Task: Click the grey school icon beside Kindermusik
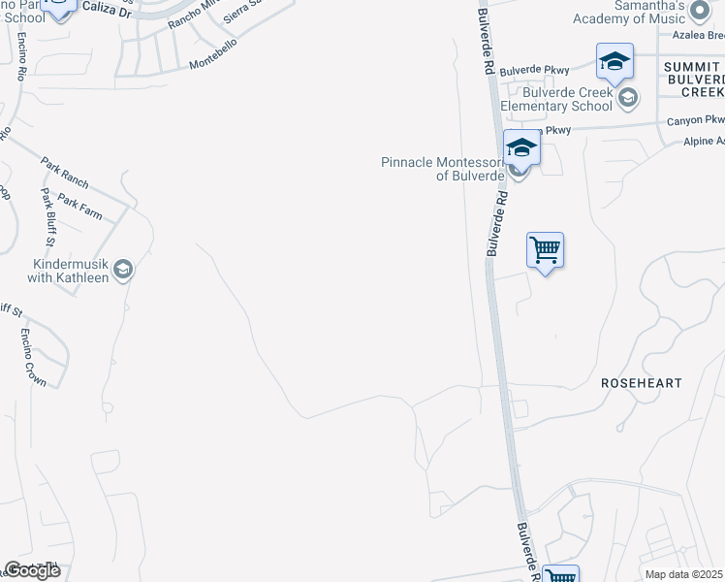(x=123, y=269)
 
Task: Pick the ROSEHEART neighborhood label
(x=642, y=383)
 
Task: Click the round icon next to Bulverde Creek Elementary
(x=628, y=96)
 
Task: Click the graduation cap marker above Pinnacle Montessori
(x=520, y=148)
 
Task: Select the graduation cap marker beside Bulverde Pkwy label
(x=615, y=62)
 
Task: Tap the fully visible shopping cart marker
(x=545, y=250)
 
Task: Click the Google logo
(x=32, y=570)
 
